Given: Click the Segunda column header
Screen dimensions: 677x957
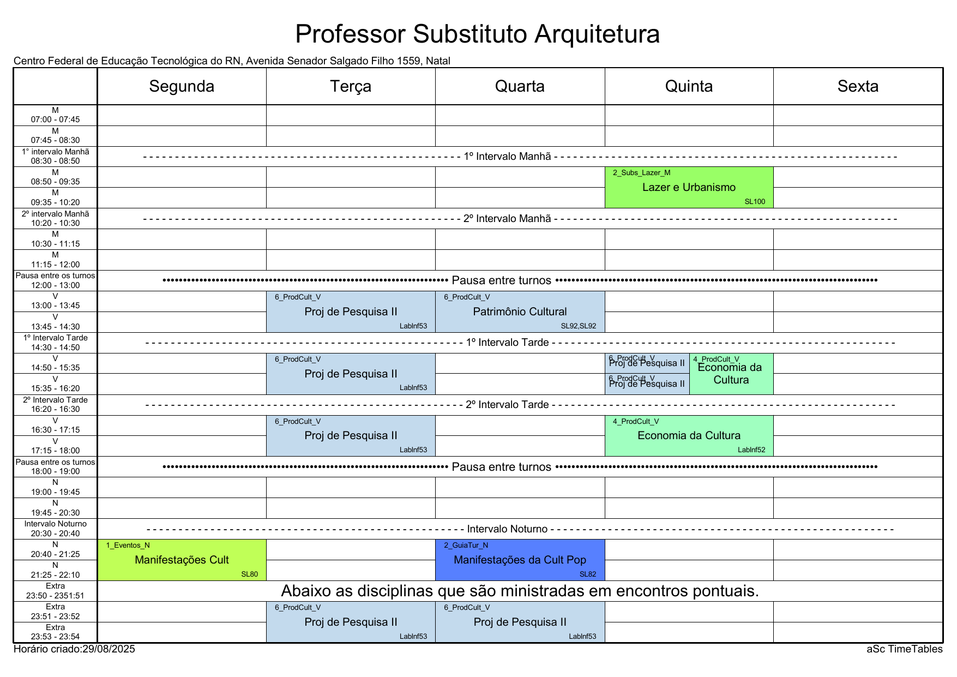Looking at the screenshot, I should [182, 86].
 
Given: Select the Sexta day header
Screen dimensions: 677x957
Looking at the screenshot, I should [858, 86].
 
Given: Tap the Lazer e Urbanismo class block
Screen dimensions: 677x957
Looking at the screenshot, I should [689, 188].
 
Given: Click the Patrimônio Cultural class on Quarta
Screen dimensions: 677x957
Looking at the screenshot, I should [520, 311].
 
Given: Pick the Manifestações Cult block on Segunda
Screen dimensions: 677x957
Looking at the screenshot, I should [182, 560].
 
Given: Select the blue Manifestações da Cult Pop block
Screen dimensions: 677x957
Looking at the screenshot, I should [520, 560].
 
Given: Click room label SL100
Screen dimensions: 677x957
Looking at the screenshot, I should [755, 202].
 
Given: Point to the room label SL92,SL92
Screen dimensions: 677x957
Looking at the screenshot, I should [579, 326].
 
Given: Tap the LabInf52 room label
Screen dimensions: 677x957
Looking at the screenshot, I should [751, 450].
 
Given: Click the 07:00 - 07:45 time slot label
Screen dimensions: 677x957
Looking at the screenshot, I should [55, 119].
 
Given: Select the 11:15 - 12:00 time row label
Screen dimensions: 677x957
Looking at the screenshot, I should [55, 265].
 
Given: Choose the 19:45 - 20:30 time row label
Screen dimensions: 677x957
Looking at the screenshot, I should [55, 513].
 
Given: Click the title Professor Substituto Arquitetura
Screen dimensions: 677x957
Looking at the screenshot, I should [477, 34].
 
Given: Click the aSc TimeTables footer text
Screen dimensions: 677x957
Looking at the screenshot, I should [904, 649].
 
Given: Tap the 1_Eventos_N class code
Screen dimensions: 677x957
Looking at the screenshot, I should [128, 545].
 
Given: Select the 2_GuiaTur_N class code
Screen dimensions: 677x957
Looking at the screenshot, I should [466, 545].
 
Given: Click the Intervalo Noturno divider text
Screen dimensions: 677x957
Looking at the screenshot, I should [507, 529].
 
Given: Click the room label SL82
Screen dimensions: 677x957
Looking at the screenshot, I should [588, 574].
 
